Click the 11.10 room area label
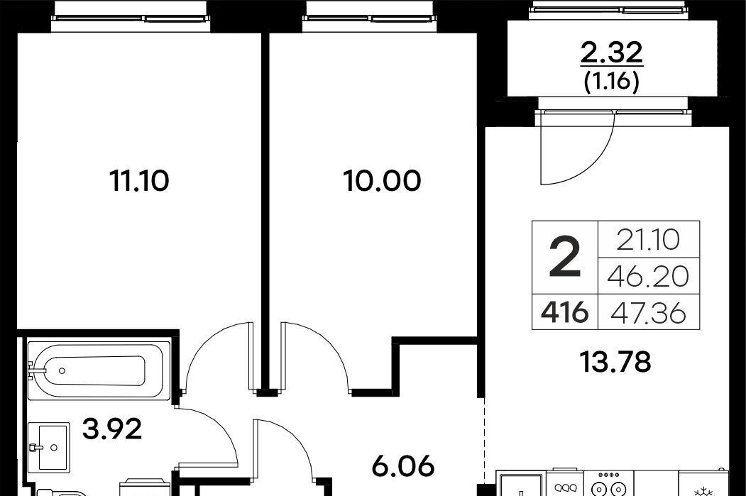[x=139, y=181]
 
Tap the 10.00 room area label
[x=382, y=181]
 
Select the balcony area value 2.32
[x=611, y=53]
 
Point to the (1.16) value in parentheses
[x=611, y=82]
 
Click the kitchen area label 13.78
[x=615, y=362]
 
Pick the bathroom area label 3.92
[x=112, y=429]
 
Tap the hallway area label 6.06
[x=403, y=466]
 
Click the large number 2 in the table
[x=565, y=258]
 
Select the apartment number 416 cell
[x=565, y=313]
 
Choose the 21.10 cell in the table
[x=649, y=240]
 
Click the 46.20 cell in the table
[x=649, y=276]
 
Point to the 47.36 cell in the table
[x=649, y=313]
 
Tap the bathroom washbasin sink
[x=49, y=446]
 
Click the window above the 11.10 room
[x=131, y=18]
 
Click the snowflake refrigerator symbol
[x=703, y=490]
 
